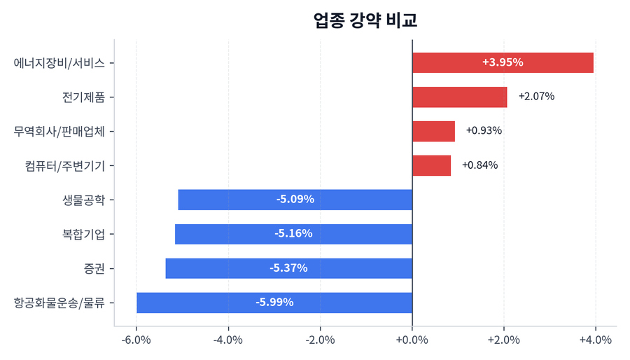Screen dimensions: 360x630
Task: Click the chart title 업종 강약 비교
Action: (x=365, y=20)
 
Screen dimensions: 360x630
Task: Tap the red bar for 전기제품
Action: (x=459, y=97)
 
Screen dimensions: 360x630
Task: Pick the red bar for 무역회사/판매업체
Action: (x=433, y=131)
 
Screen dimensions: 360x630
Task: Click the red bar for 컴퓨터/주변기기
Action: (x=431, y=165)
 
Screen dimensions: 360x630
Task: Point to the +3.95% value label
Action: (x=503, y=62)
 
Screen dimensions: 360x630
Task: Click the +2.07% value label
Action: (x=536, y=97)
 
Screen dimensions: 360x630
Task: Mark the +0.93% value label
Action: (x=484, y=131)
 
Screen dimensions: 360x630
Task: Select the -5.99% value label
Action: (x=274, y=303)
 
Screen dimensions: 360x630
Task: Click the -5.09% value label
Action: (x=295, y=200)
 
